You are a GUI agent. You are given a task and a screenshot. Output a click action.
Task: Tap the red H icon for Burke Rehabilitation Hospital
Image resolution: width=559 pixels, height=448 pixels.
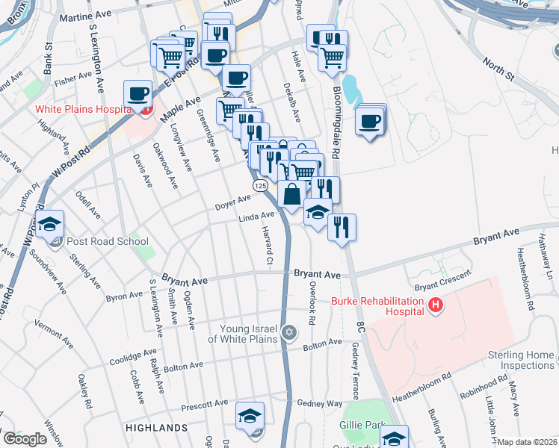coord(435,305)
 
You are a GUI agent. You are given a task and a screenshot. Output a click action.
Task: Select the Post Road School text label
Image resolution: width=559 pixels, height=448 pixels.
coord(107,242)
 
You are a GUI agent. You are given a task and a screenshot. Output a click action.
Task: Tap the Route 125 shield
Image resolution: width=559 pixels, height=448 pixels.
coord(259,184)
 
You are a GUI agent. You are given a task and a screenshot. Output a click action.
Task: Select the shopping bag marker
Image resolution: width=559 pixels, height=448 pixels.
coord(291,194)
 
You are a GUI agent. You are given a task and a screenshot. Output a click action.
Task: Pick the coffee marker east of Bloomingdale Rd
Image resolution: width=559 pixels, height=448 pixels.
coord(370,121)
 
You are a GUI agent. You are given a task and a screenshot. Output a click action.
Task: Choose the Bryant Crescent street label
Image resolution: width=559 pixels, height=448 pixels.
coord(443,281)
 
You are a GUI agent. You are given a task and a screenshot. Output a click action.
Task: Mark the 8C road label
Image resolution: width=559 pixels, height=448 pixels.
coord(359,327)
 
